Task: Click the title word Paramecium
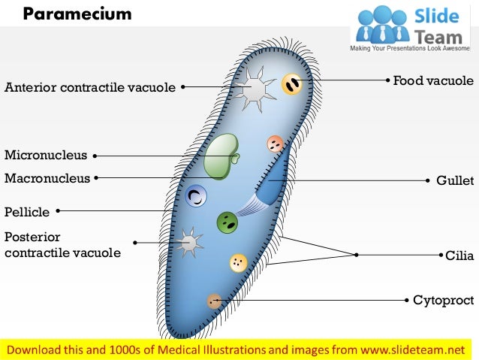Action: pyautogui.click(x=77, y=14)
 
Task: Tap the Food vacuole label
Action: pyautogui.click(x=433, y=80)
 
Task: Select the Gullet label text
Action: pyautogui.click(x=455, y=181)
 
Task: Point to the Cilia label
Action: pyautogui.click(x=459, y=256)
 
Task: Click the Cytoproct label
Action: pyautogui.click(x=443, y=300)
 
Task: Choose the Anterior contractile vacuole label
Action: pyautogui.click(x=90, y=87)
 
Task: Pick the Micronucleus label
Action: pyautogui.click(x=46, y=156)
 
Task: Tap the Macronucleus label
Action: pyautogui.click(x=47, y=178)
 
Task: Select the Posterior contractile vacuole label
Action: pyautogui.click(x=62, y=244)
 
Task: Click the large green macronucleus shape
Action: pyautogui.click(x=221, y=156)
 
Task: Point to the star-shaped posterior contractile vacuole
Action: pyautogui.click(x=191, y=242)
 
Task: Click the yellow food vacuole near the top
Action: pyautogui.click(x=292, y=83)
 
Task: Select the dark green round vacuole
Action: pyautogui.click(x=227, y=222)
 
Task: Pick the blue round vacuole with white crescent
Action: pyautogui.click(x=197, y=197)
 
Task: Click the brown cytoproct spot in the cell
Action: pyautogui.click(x=215, y=301)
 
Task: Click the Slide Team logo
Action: pyautogui.click(x=413, y=26)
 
